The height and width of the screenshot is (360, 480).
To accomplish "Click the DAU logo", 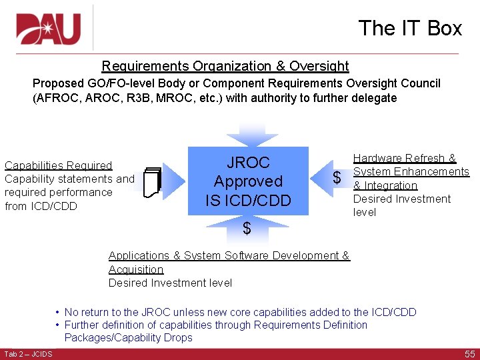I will (49, 29).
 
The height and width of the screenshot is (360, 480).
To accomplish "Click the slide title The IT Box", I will (409, 28).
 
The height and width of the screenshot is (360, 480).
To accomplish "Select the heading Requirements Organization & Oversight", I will (225, 66).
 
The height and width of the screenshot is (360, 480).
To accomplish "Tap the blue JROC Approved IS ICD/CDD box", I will (248, 181).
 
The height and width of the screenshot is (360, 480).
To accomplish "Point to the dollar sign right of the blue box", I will (337, 178).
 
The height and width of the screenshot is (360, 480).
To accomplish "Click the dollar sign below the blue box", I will (247, 229).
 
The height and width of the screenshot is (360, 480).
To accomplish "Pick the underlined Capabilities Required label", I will (59, 165).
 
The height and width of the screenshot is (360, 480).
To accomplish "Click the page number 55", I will (469, 354).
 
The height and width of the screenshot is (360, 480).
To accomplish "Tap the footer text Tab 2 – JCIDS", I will (28, 354).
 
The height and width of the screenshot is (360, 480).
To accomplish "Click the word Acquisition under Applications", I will (136, 269).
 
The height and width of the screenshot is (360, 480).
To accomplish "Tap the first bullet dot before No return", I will (58, 312).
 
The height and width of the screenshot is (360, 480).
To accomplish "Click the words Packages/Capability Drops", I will (128, 337).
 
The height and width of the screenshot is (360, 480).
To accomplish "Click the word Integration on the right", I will (390, 185).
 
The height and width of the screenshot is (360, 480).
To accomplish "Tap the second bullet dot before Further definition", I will (58, 325).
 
